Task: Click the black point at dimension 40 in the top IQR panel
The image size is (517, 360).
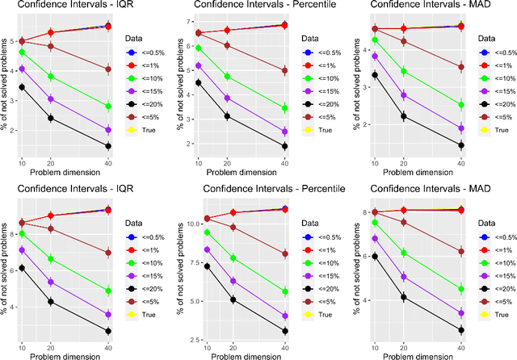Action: point(108,146)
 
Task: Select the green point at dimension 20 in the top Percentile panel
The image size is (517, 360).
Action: point(227,77)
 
